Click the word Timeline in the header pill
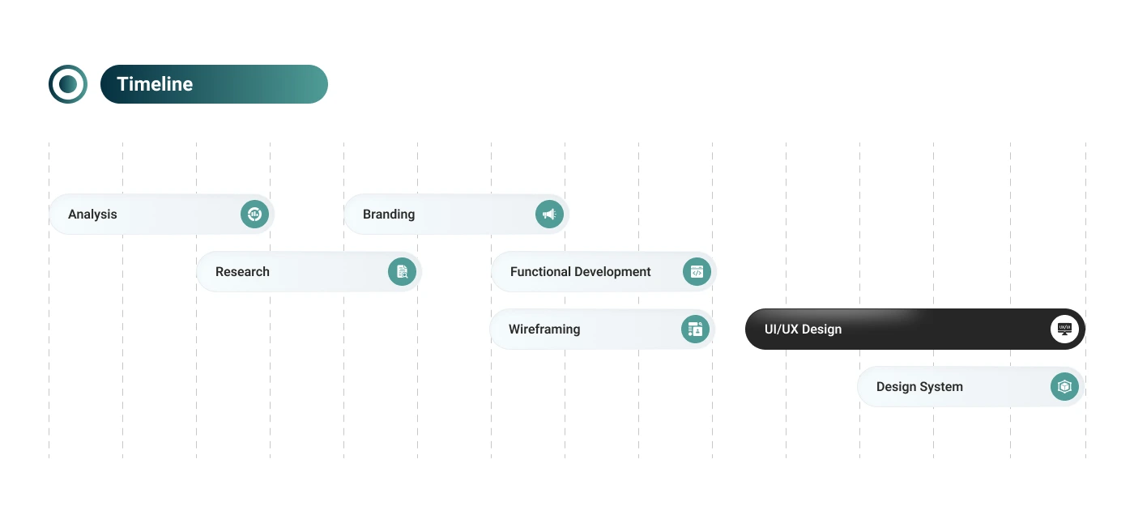pyautogui.click(x=155, y=84)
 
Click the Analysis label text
pyautogui.click(x=92, y=215)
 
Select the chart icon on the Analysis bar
pyautogui.click(x=254, y=215)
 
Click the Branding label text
pyautogui.click(x=389, y=215)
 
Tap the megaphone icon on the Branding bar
pyautogui.click(x=549, y=215)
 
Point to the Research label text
pyautogui.click(x=242, y=271)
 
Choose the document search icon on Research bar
pyautogui.click(x=402, y=271)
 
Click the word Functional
pyautogui.click(x=541, y=271)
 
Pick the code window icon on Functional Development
pyautogui.click(x=697, y=271)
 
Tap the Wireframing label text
pyautogui.click(x=544, y=330)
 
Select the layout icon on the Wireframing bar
pyautogui.click(x=695, y=330)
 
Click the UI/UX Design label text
pyautogui.click(x=803, y=330)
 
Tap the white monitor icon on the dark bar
pyautogui.click(x=1064, y=330)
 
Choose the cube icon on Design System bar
pyautogui.click(x=1064, y=386)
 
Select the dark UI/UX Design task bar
pyautogui.click(x=914, y=330)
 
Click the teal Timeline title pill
pyautogui.click(x=214, y=84)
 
